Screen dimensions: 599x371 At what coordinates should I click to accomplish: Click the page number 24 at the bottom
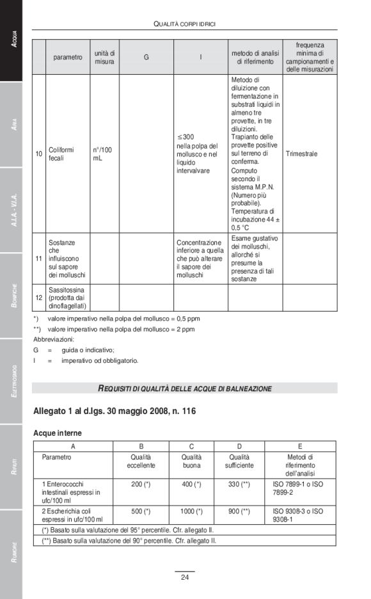pyautogui.click(x=184, y=578)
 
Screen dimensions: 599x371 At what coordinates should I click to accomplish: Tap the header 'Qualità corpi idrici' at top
pyautogui.click(x=185, y=24)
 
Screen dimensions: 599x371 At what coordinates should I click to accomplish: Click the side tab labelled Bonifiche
pyautogui.click(x=11, y=296)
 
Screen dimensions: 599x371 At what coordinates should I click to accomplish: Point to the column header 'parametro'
pyautogui.click(x=68, y=57)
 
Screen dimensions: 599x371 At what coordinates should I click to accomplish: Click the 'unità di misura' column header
pyautogui.click(x=104, y=57)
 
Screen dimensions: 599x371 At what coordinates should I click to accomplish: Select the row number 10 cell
pyautogui.click(x=39, y=154)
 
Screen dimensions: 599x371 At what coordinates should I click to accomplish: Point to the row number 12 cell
pyautogui.click(x=39, y=298)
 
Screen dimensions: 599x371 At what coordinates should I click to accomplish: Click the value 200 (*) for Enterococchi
pyautogui.click(x=141, y=484)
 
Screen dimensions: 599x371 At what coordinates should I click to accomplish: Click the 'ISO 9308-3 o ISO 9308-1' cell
pyautogui.click(x=298, y=515)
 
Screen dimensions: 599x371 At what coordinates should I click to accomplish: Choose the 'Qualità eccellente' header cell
pyautogui.click(x=141, y=461)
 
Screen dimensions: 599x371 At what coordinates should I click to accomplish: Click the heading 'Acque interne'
pyautogui.click(x=58, y=433)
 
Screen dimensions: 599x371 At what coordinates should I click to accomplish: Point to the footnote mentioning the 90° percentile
pyautogui.click(x=129, y=540)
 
